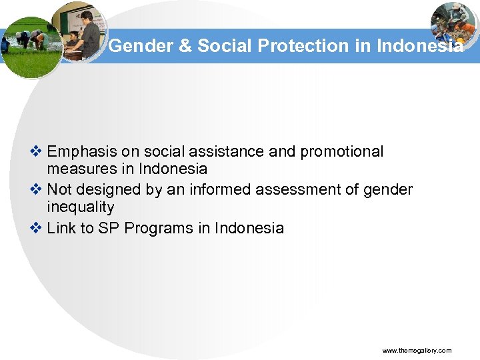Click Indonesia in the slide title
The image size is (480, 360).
pyautogui.click(x=419, y=46)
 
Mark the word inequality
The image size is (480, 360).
pyautogui.click(x=81, y=207)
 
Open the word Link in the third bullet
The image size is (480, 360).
pyautogui.click(x=61, y=228)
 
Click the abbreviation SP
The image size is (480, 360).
pyautogui.click(x=107, y=228)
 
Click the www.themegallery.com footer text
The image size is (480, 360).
pyautogui.click(x=417, y=350)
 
